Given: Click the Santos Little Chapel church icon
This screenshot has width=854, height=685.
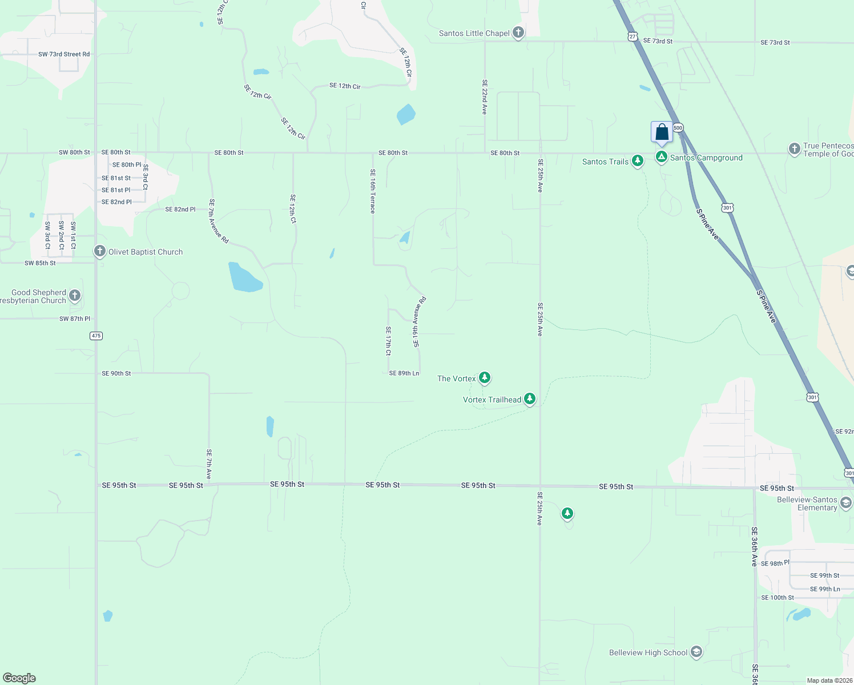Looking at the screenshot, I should [518, 33].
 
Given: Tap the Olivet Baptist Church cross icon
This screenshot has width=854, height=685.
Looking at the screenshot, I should [100, 252].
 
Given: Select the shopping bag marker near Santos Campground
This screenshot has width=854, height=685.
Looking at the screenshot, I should [662, 132].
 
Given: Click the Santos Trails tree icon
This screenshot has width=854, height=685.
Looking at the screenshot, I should [638, 161].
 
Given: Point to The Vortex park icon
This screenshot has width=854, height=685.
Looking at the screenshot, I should [485, 378].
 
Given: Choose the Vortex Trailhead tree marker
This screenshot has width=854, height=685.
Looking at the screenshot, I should [530, 399].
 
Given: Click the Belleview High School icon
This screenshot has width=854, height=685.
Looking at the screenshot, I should [696, 652].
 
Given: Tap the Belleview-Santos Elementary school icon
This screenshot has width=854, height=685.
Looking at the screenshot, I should [846, 503].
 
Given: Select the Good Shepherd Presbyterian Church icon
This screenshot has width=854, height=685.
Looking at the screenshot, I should [75, 296].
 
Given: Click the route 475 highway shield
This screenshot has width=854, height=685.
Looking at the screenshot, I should [96, 336].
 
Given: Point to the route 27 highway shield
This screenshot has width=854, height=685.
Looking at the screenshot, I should [632, 37].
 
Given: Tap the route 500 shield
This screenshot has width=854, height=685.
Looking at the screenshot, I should [678, 128].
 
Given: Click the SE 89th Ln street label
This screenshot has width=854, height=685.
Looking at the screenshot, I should [404, 373].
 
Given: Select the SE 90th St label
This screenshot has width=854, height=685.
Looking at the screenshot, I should [116, 373].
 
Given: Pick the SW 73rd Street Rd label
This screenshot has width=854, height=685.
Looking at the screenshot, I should [64, 54].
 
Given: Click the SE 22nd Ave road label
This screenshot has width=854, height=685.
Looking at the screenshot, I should [485, 97].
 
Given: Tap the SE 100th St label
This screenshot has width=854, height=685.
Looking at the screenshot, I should [778, 598].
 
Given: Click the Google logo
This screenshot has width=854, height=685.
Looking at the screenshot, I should [19, 678].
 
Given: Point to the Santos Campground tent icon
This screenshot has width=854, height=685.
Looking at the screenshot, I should [662, 157].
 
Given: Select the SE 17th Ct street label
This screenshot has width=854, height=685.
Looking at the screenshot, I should [388, 341].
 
